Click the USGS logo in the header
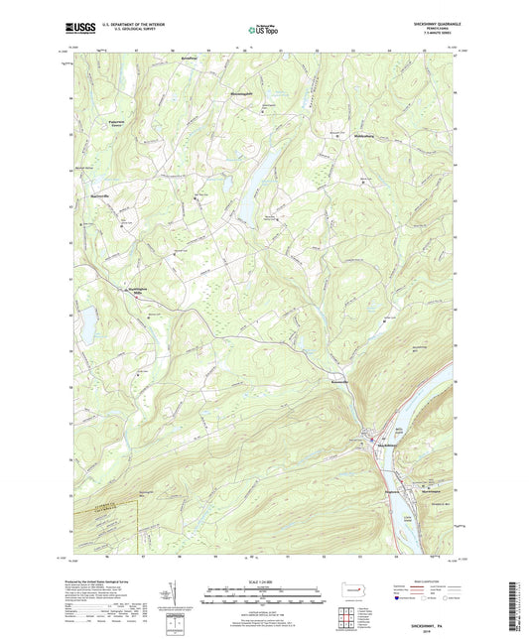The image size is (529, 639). click(78, 28)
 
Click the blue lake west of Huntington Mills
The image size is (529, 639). click(84, 321)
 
